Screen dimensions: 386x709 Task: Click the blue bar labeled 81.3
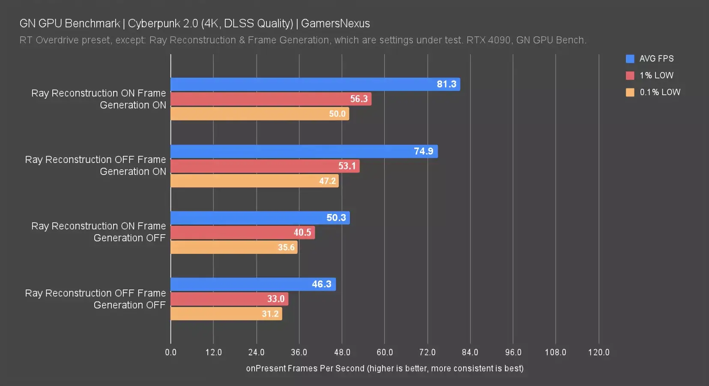pyautogui.click(x=315, y=84)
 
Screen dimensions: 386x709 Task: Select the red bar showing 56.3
pyautogui.click(x=271, y=99)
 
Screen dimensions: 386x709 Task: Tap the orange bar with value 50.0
pyautogui.click(x=260, y=114)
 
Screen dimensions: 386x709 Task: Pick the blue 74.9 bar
pyautogui.click(x=304, y=151)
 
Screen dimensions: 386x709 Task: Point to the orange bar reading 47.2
pyautogui.click(x=254, y=181)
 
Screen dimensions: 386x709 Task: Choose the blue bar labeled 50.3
pyautogui.click(x=260, y=218)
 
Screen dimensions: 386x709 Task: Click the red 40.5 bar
pyautogui.click(x=242, y=232)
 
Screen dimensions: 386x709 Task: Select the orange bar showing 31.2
pyautogui.click(x=226, y=314)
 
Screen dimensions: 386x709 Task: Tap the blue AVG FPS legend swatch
pyautogui.click(x=630, y=59)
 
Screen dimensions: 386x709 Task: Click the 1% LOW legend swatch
pyautogui.click(x=630, y=75)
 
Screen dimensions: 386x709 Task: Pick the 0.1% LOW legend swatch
pyautogui.click(x=630, y=92)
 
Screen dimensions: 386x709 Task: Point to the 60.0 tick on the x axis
pyautogui.click(x=385, y=352)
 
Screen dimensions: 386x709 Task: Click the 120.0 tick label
pyautogui.click(x=598, y=352)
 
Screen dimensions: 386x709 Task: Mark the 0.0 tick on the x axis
pyautogui.click(x=171, y=352)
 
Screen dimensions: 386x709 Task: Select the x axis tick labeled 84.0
pyautogui.click(x=470, y=352)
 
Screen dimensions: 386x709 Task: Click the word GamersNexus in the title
pyautogui.click(x=335, y=24)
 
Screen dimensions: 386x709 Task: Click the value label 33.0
pyautogui.click(x=276, y=299)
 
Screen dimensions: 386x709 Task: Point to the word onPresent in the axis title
pyautogui.click(x=266, y=368)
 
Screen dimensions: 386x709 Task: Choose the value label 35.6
pyautogui.click(x=286, y=247)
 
